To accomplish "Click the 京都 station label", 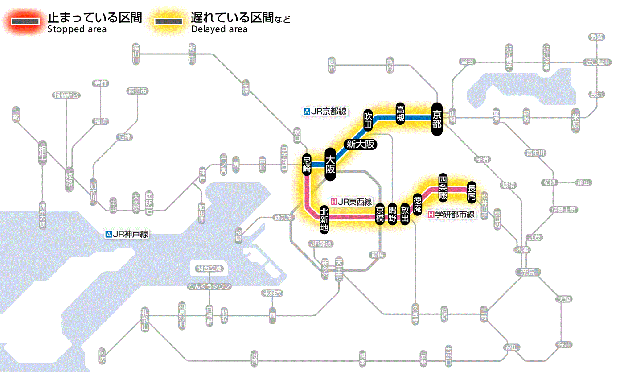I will [437, 119].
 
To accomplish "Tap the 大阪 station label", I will [330, 164].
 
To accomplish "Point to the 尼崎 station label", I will [306, 165].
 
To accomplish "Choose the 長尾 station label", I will [472, 191].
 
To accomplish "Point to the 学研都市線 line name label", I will [451, 215].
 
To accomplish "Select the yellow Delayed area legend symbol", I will [168, 21].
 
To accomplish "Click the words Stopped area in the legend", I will [77, 29].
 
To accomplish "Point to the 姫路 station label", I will [69, 180].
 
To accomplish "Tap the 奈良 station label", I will [527, 272].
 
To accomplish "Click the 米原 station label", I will [577, 120].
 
